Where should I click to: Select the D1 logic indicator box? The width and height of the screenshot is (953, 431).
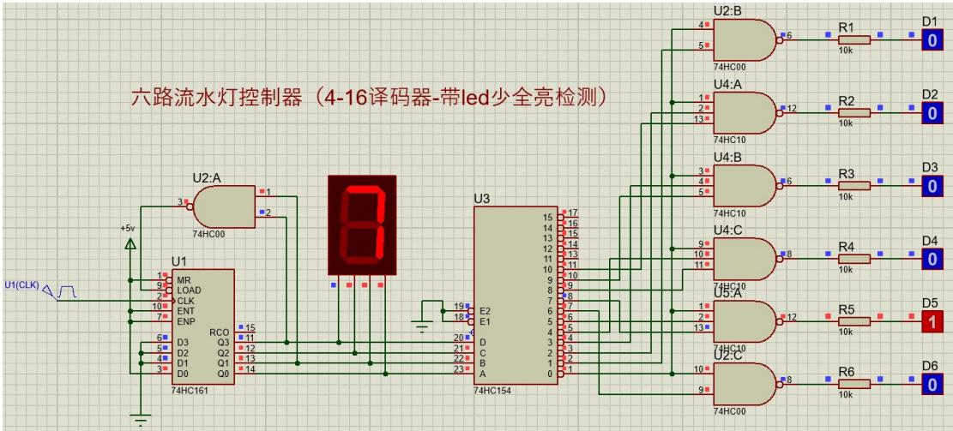[930, 39]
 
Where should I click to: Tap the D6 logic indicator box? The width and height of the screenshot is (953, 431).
[930, 385]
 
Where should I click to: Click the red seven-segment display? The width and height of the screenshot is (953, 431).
[362, 224]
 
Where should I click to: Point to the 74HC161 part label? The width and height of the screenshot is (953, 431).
[190, 390]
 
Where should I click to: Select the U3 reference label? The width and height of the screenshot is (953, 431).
[482, 199]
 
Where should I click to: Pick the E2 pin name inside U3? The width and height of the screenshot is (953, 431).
[485, 310]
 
